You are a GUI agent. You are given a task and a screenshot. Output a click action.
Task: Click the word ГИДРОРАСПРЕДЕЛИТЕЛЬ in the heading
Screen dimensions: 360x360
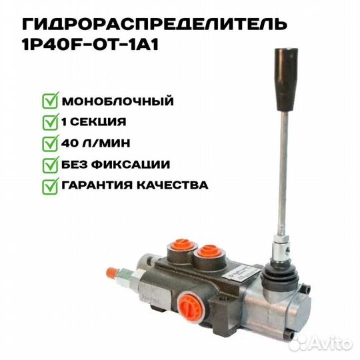tap(155, 24)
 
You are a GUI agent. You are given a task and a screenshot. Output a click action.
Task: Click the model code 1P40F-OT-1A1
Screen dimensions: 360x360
tap(90, 43)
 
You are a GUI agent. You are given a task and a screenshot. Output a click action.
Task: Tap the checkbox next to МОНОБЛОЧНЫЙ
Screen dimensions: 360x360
tap(50, 100)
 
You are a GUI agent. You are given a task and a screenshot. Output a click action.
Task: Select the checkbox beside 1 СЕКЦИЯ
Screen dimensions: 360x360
tap(50, 122)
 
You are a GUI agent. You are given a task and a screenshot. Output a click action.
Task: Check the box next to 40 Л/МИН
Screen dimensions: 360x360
tap(50, 143)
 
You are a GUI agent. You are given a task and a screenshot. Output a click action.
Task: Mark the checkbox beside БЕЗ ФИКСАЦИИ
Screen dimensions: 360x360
tap(50, 165)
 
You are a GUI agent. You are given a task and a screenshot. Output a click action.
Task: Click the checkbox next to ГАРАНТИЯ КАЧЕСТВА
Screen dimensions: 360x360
tap(50, 186)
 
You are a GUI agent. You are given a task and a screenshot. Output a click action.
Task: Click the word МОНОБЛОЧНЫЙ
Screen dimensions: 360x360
tap(117, 101)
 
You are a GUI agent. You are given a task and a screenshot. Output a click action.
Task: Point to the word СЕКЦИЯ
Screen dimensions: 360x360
tap(98, 122)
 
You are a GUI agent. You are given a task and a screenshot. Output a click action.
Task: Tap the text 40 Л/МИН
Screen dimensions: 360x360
tap(95, 143)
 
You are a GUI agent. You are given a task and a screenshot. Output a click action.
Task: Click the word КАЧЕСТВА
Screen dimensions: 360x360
tap(173, 185)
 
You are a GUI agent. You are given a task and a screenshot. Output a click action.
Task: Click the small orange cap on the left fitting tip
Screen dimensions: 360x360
tap(112, 273)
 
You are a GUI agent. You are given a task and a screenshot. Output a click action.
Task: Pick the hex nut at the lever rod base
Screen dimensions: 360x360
tap(283, 240)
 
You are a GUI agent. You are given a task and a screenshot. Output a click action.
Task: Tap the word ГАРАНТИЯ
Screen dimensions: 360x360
tap(97, 185)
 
